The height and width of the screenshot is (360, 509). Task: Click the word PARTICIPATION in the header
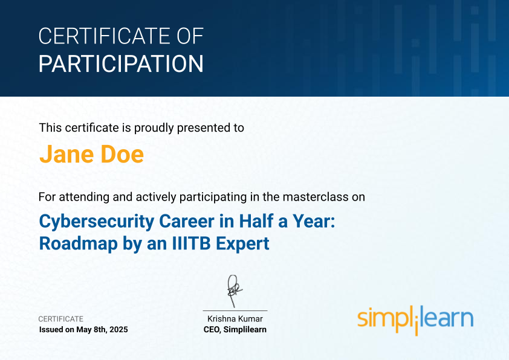click(121, 63)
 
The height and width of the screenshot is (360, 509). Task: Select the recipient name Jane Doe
click(91, 154)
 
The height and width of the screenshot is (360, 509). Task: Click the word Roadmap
click(78, 244)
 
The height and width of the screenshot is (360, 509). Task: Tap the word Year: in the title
click(314, 221)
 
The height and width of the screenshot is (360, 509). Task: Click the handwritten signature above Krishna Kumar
click(235, 291)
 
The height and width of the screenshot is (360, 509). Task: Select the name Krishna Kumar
click(235, 319)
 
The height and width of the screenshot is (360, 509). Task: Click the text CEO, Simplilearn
click(235, 330)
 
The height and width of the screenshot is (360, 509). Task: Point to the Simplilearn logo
click(415, 320)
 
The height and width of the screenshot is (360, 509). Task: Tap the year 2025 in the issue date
click(118, 330)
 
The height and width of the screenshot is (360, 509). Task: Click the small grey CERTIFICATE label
click(60, 319)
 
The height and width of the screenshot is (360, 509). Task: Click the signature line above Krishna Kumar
click(235, 311)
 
